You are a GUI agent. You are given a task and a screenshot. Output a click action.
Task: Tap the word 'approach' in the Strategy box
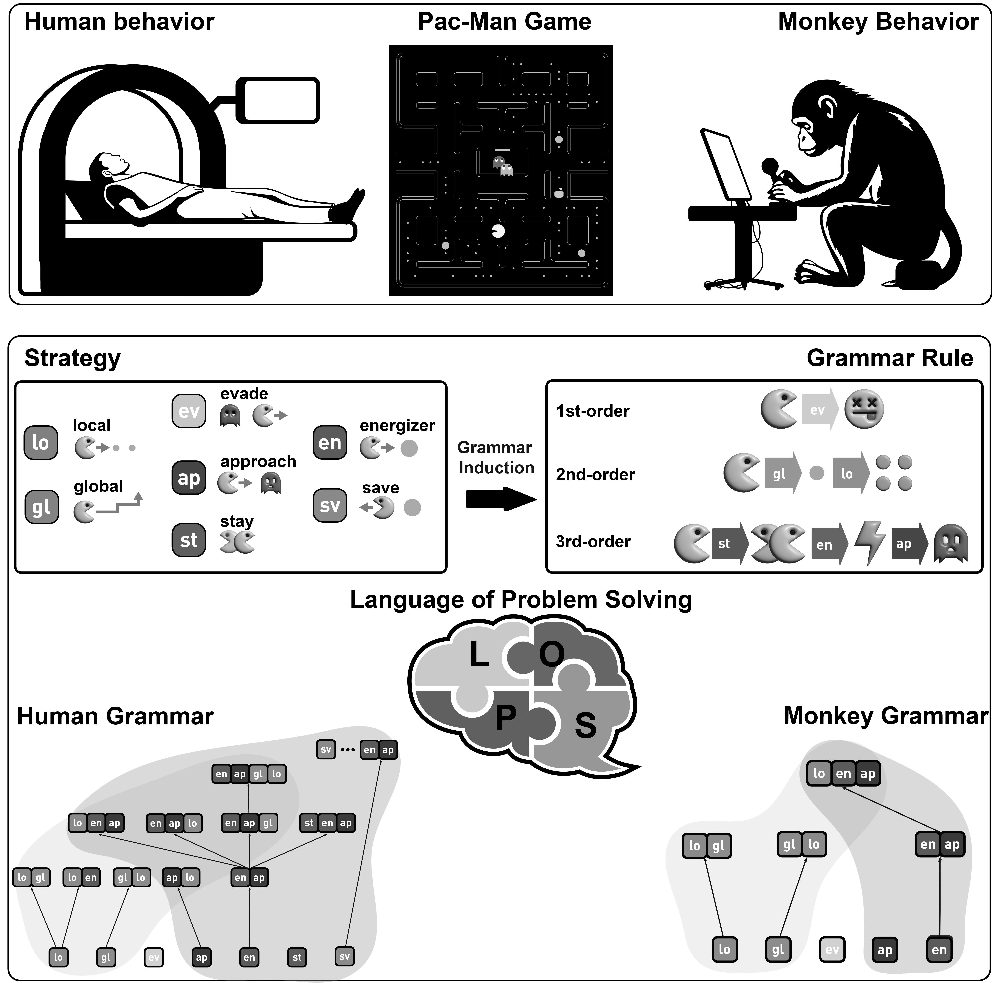pyautogui.click(x=258, y=461)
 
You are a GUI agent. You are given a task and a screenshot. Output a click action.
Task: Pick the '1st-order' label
pyautogui.click(x=593, y=411)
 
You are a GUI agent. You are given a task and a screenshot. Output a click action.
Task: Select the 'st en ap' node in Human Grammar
pyautogui.click(x=327, y=823)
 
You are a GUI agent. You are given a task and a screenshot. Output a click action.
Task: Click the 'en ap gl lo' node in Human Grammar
pyautogui.click(x=249, y=774)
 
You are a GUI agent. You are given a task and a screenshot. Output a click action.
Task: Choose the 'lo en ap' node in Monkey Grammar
pyautogui.click(x=843, y=773)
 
